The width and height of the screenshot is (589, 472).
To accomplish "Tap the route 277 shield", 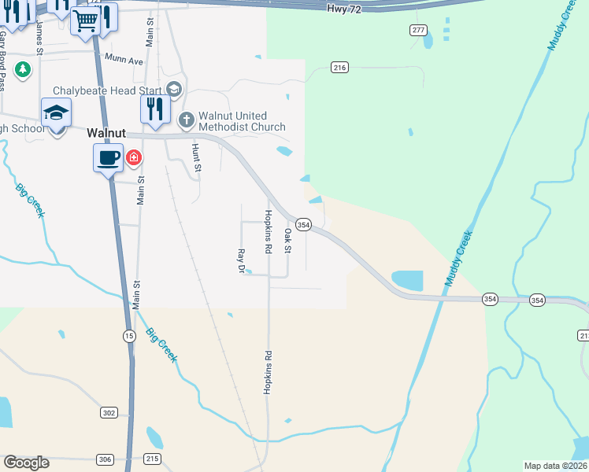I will (x=418, y=30).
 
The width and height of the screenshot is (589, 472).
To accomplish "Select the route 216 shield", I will (x=339, y=68).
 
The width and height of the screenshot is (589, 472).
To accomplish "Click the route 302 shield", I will (x=109, y=412).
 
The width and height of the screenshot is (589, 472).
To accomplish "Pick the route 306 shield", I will (x=105, y=459).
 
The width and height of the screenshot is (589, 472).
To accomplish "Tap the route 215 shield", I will (x=153, y=459).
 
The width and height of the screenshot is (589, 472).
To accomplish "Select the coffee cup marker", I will (x=109, y=158).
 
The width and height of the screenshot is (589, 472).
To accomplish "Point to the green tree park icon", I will (x=24, y=69).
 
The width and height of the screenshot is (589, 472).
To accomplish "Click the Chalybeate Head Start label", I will (x=107, y=90).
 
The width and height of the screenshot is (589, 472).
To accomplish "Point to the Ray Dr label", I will (x=242, y=261).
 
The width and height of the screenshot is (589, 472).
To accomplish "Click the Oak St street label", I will (x=288, y=242).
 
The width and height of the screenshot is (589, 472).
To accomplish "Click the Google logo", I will (x=26, y=463).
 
